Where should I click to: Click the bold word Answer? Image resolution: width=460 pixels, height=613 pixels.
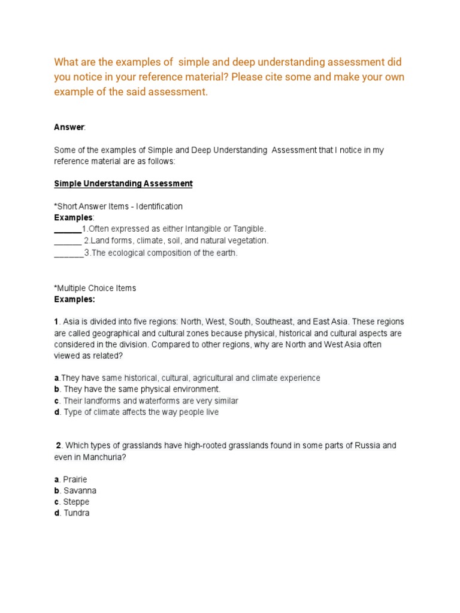(69, 128)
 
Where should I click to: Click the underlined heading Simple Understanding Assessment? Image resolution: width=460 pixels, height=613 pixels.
(123, 184)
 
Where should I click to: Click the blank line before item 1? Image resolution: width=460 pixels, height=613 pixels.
(67, 229)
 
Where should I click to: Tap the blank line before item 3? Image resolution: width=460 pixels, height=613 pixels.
(68, 252)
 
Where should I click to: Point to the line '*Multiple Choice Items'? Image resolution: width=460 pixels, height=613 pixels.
(95, 288)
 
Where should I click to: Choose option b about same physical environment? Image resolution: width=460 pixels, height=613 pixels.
(137, 389)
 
